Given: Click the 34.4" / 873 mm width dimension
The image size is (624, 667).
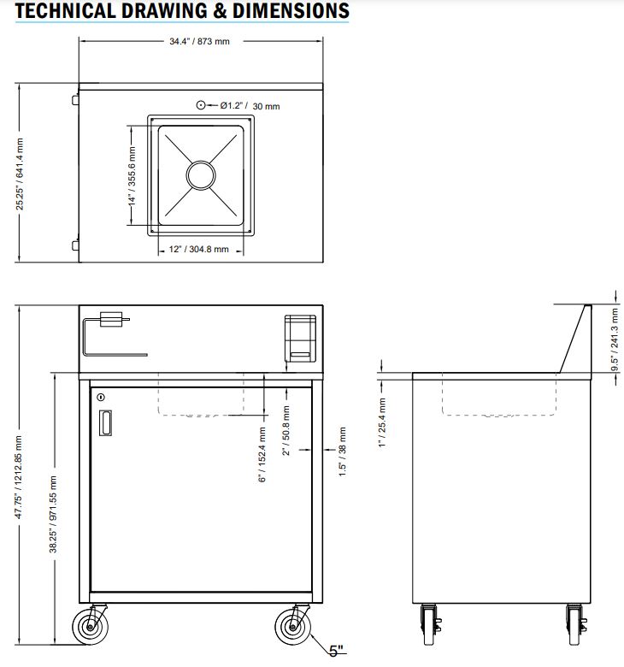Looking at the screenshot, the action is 199,41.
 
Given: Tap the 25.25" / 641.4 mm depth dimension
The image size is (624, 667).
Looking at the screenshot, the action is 20,174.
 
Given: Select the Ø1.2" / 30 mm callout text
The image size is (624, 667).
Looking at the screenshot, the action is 250,105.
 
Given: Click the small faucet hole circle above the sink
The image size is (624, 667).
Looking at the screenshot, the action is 201,104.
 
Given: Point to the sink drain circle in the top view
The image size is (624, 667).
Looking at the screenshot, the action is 201,174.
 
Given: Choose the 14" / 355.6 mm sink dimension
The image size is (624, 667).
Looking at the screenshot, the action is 132,175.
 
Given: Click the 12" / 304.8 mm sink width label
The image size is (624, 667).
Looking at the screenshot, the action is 198,250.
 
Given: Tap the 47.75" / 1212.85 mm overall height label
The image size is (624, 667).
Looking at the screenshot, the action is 19,477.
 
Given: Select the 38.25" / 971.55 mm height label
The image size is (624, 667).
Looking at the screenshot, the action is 53,514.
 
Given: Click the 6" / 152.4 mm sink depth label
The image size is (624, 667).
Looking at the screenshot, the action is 262,454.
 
